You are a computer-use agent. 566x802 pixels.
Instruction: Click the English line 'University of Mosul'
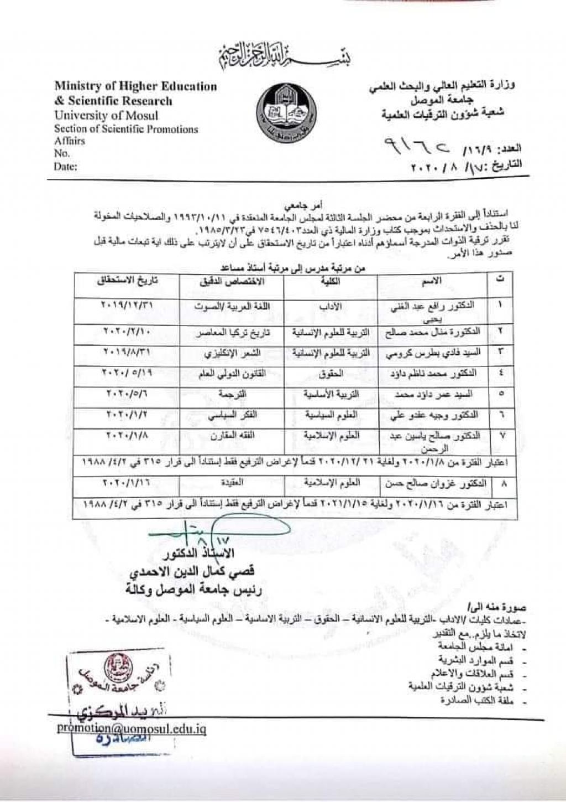tap(106, 116)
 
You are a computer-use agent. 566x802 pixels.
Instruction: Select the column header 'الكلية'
tap(331, 281)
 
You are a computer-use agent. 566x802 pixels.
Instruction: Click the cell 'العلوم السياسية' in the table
tap(331, 415)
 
